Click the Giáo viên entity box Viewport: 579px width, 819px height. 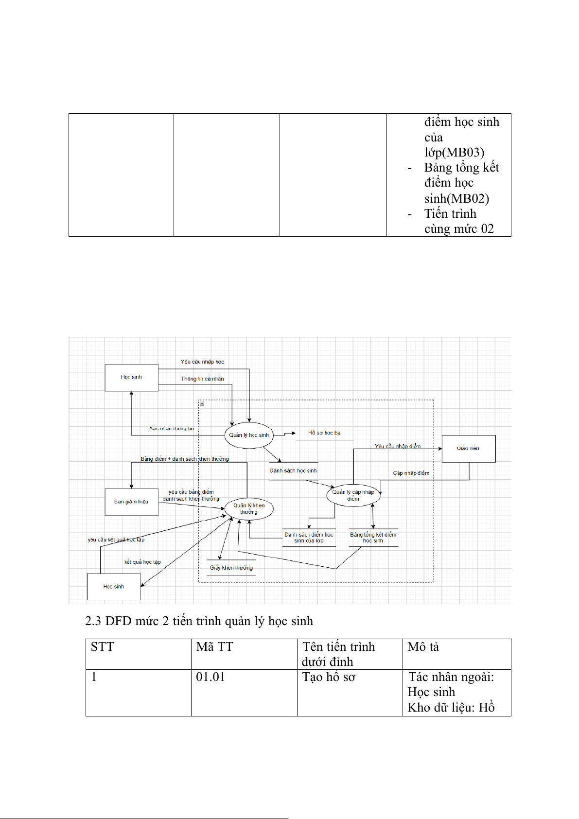pos(468,449)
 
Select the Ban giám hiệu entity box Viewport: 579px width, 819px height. pos(131,502)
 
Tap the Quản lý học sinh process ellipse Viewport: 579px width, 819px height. pos(249,435)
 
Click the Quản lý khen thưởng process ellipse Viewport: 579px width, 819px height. pos(249,508)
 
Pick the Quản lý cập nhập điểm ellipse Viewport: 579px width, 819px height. pos(353,495)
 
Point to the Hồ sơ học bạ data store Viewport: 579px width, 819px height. pos(324,433)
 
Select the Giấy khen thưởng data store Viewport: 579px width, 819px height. pos(231,568)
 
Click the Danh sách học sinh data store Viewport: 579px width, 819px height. pos(293,470)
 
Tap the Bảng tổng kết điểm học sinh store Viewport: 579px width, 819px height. pos(373,538)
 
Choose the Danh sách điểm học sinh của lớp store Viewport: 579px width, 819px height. pos(309,538)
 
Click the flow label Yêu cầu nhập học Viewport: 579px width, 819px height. pos(202,362)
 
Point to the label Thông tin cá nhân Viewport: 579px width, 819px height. pos(202,379)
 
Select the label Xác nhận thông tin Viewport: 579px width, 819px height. pos(171,429)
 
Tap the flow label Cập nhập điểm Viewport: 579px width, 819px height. pos(411,473)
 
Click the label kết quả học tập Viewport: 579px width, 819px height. pos(142,562)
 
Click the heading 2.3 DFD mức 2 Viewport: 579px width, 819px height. pos(199,621)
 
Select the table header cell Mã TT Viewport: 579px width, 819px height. pos(214,647)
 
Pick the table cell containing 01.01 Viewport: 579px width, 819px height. pos(211,677)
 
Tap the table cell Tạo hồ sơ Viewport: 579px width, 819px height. pos(329,677)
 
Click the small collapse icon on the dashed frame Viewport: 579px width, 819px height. pos(202,403)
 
